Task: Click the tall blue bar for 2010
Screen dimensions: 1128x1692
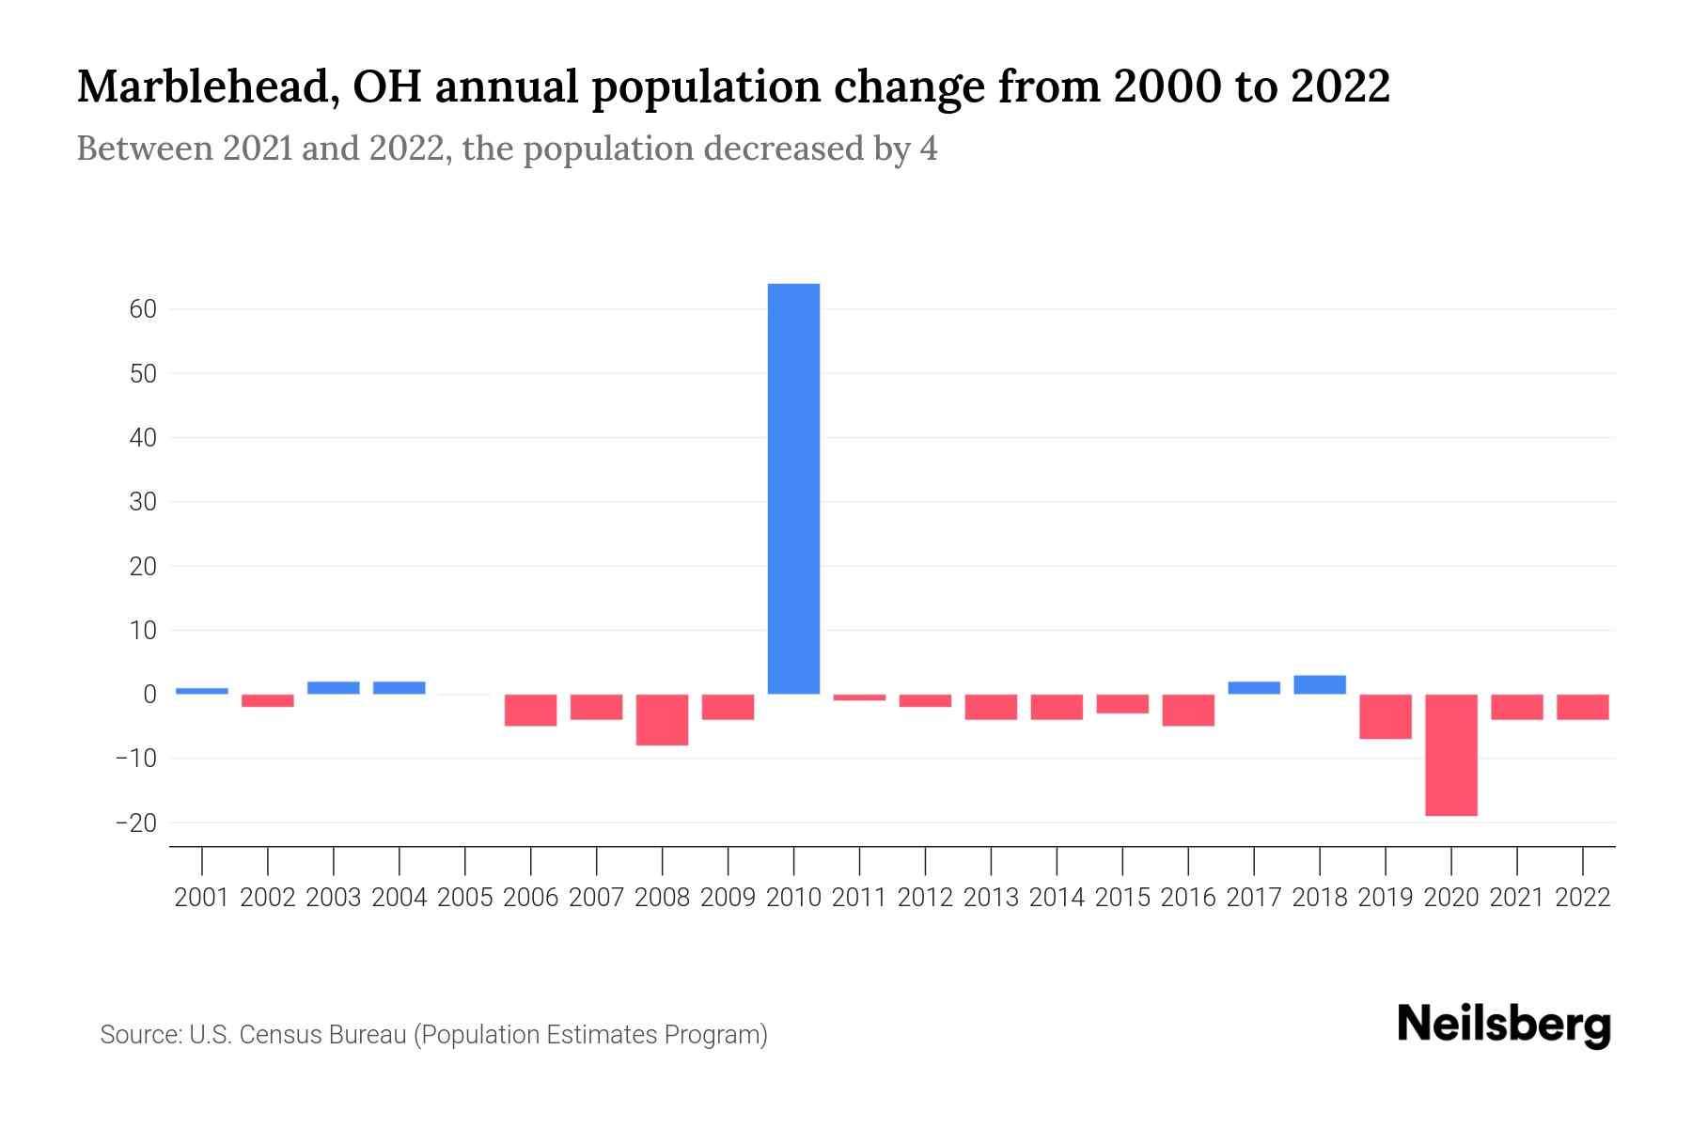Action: coord(793,489)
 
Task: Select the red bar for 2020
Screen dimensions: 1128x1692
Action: coord(1451,755)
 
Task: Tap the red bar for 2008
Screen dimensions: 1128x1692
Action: coord(662,720)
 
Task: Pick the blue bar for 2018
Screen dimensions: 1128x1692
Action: coord(1320,685)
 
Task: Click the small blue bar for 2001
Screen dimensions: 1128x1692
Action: coord(202,691)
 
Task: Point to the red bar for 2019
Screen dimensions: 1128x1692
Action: coord(1386,716)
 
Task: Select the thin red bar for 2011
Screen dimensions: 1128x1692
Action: coord(859,697)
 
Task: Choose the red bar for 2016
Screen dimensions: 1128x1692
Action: coord(1188,711)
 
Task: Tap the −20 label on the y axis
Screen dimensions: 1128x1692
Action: coord(135,823)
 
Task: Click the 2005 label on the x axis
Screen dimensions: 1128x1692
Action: coord(465,898)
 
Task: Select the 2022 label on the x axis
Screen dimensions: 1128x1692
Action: coord(1583,898)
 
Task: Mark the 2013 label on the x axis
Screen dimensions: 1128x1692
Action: coord(991,898)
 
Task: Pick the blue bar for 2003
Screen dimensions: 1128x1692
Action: coord(334,688)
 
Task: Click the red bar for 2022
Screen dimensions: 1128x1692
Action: coord(1583,707)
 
